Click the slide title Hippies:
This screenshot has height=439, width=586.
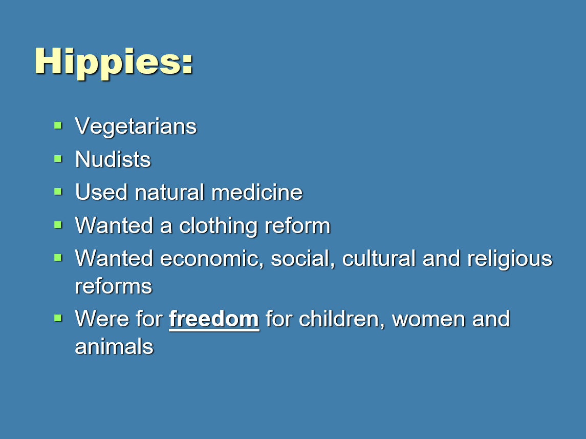(x=114, y=62)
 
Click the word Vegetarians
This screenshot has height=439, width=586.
(x=136, y=127)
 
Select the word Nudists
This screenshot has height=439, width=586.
(x=113, y=159)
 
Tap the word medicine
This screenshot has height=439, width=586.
(x=257, y=192)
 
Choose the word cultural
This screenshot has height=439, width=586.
(x=379, y=258)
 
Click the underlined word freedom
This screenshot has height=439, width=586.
(x=214, y=319)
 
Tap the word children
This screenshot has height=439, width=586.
(x=341, y=319)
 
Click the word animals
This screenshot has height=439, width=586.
(x=114, y=346)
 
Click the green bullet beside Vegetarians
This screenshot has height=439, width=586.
(x=58, y=125)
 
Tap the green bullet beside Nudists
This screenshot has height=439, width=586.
(x=58, y=159)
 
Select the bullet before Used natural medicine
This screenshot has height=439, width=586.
(x=58, y=192)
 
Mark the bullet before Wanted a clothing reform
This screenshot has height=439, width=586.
(x=58, y=225)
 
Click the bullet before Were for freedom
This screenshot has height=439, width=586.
(x=58, y=318)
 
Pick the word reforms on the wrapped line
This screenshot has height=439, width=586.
(x=113, y=287)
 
